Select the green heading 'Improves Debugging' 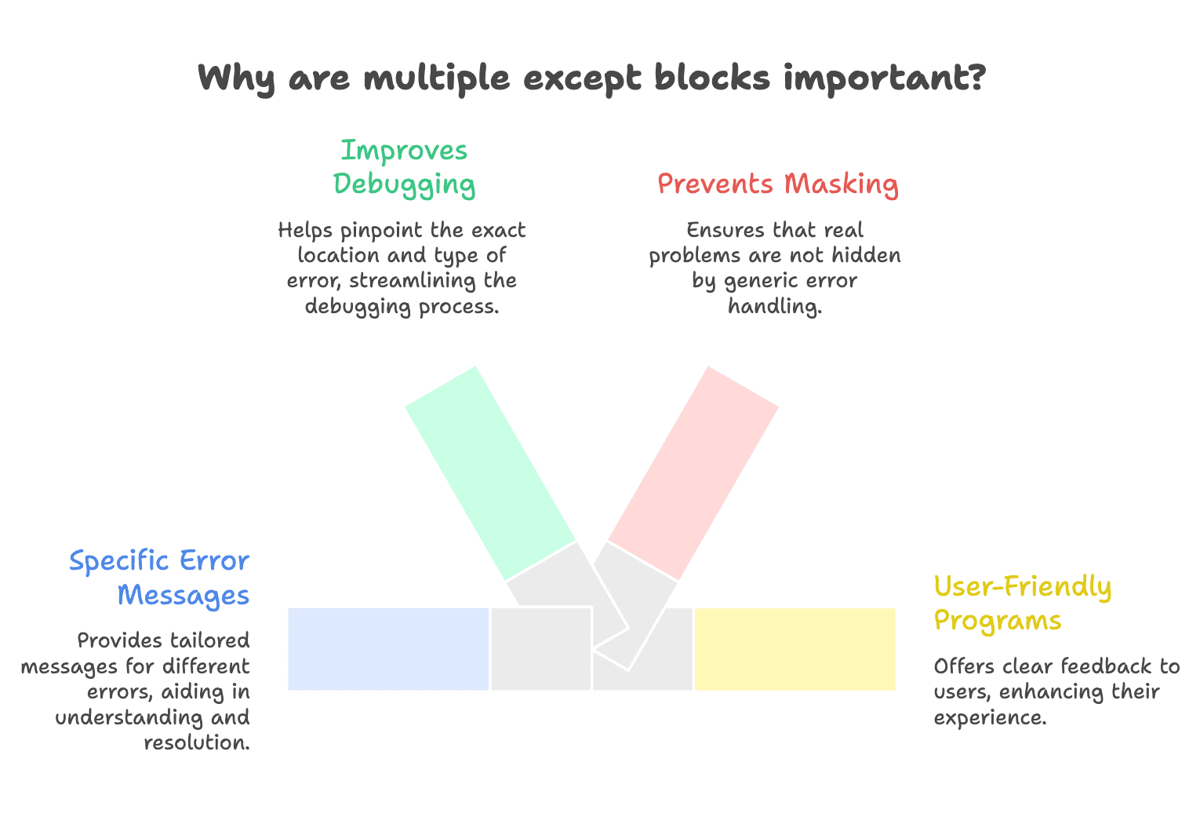click(x=404, y=166)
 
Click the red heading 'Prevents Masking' click(x=777, y=184)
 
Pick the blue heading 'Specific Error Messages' click(x=159, y=578)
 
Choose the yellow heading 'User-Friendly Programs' click(x=1022, y=603)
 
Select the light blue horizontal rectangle click(x=388, y=649)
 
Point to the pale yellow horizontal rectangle click(x=795, y=649)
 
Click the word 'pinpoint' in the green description click(x=380, y=231)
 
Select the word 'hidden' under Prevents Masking click(x=865, y=256)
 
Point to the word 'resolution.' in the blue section click(x=197, y=742)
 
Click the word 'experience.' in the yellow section click(x=990, y=717)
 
